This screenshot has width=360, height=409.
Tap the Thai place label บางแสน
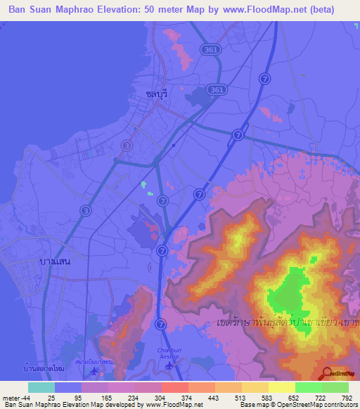point(55,261)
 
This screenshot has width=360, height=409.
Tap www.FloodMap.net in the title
point(276,10)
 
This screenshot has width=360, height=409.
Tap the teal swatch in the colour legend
point(41,387)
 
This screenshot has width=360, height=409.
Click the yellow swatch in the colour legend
point(282,387)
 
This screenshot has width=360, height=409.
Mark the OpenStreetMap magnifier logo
point(325,374)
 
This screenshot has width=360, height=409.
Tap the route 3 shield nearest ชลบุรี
point(126,145)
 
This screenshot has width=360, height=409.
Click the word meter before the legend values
point(10,398)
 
